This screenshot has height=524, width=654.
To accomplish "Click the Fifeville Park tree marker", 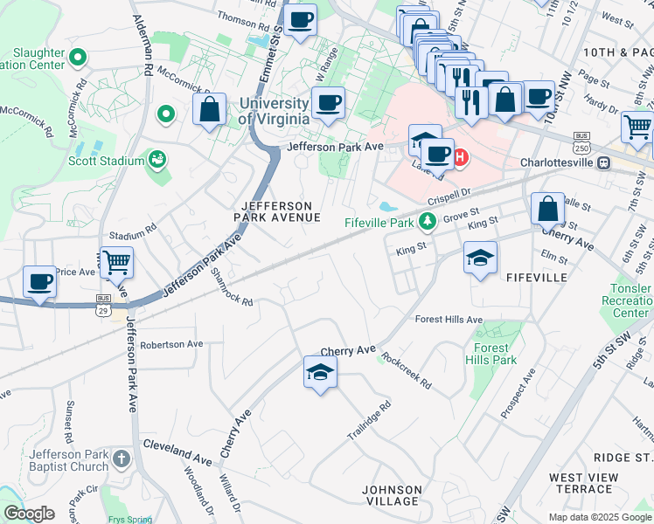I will [x=428, y=222].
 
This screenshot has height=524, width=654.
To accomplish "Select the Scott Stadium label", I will [x=106, y=161].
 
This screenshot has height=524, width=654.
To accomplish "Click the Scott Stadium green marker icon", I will [x=157, y=159].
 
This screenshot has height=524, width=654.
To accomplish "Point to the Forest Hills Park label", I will [x=491, y=353].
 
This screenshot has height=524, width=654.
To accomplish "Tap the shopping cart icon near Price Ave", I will [x=116, y=261].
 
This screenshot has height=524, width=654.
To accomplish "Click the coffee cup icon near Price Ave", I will [x=39, y=282].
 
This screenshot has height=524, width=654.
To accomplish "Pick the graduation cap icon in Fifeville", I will [x=480, y=258].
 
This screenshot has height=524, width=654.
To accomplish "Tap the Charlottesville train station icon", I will [x=603, y=162].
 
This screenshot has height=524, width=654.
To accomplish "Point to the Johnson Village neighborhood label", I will [x=392, y=495].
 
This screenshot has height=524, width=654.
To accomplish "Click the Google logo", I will [x=29, y=514].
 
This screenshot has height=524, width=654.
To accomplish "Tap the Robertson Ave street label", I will [x=171, y=344].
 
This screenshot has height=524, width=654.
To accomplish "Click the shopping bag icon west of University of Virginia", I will [x=209, y=110].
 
